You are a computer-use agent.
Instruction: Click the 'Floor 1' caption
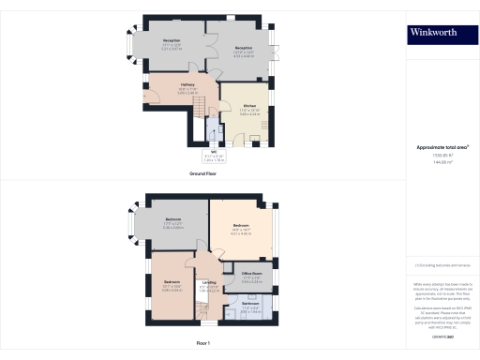pyautogui.click(x=202, y=344)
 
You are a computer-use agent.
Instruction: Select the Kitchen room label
pyautogui.click(x=249, y=108)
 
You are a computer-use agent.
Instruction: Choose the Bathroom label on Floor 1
pyautogui.click(x=249, y=307)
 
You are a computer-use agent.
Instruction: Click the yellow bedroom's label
pyautogui.click(x=241, y=227)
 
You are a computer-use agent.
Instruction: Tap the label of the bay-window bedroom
pyautogui.click(x=172, y=222)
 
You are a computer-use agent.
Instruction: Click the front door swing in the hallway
pyautogui.click(x=150, y=97)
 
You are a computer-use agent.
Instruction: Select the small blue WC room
pyautogui.click(x=215, y=134)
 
